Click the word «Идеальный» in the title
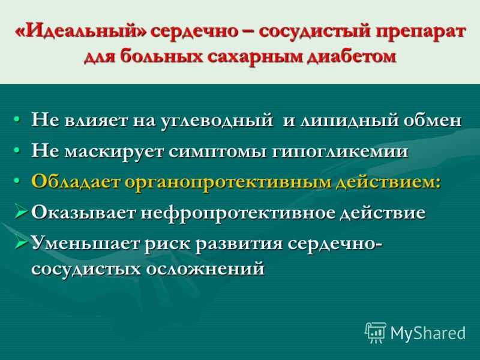(81, 32)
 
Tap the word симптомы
(218, 152)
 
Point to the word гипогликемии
(340, 152)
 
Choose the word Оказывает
(83, 212)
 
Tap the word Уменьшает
(86, 244)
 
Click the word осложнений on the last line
(205, 269)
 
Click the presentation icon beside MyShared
(376, 333)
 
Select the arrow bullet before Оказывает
(22, 212)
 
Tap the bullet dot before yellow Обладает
(17, 181)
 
